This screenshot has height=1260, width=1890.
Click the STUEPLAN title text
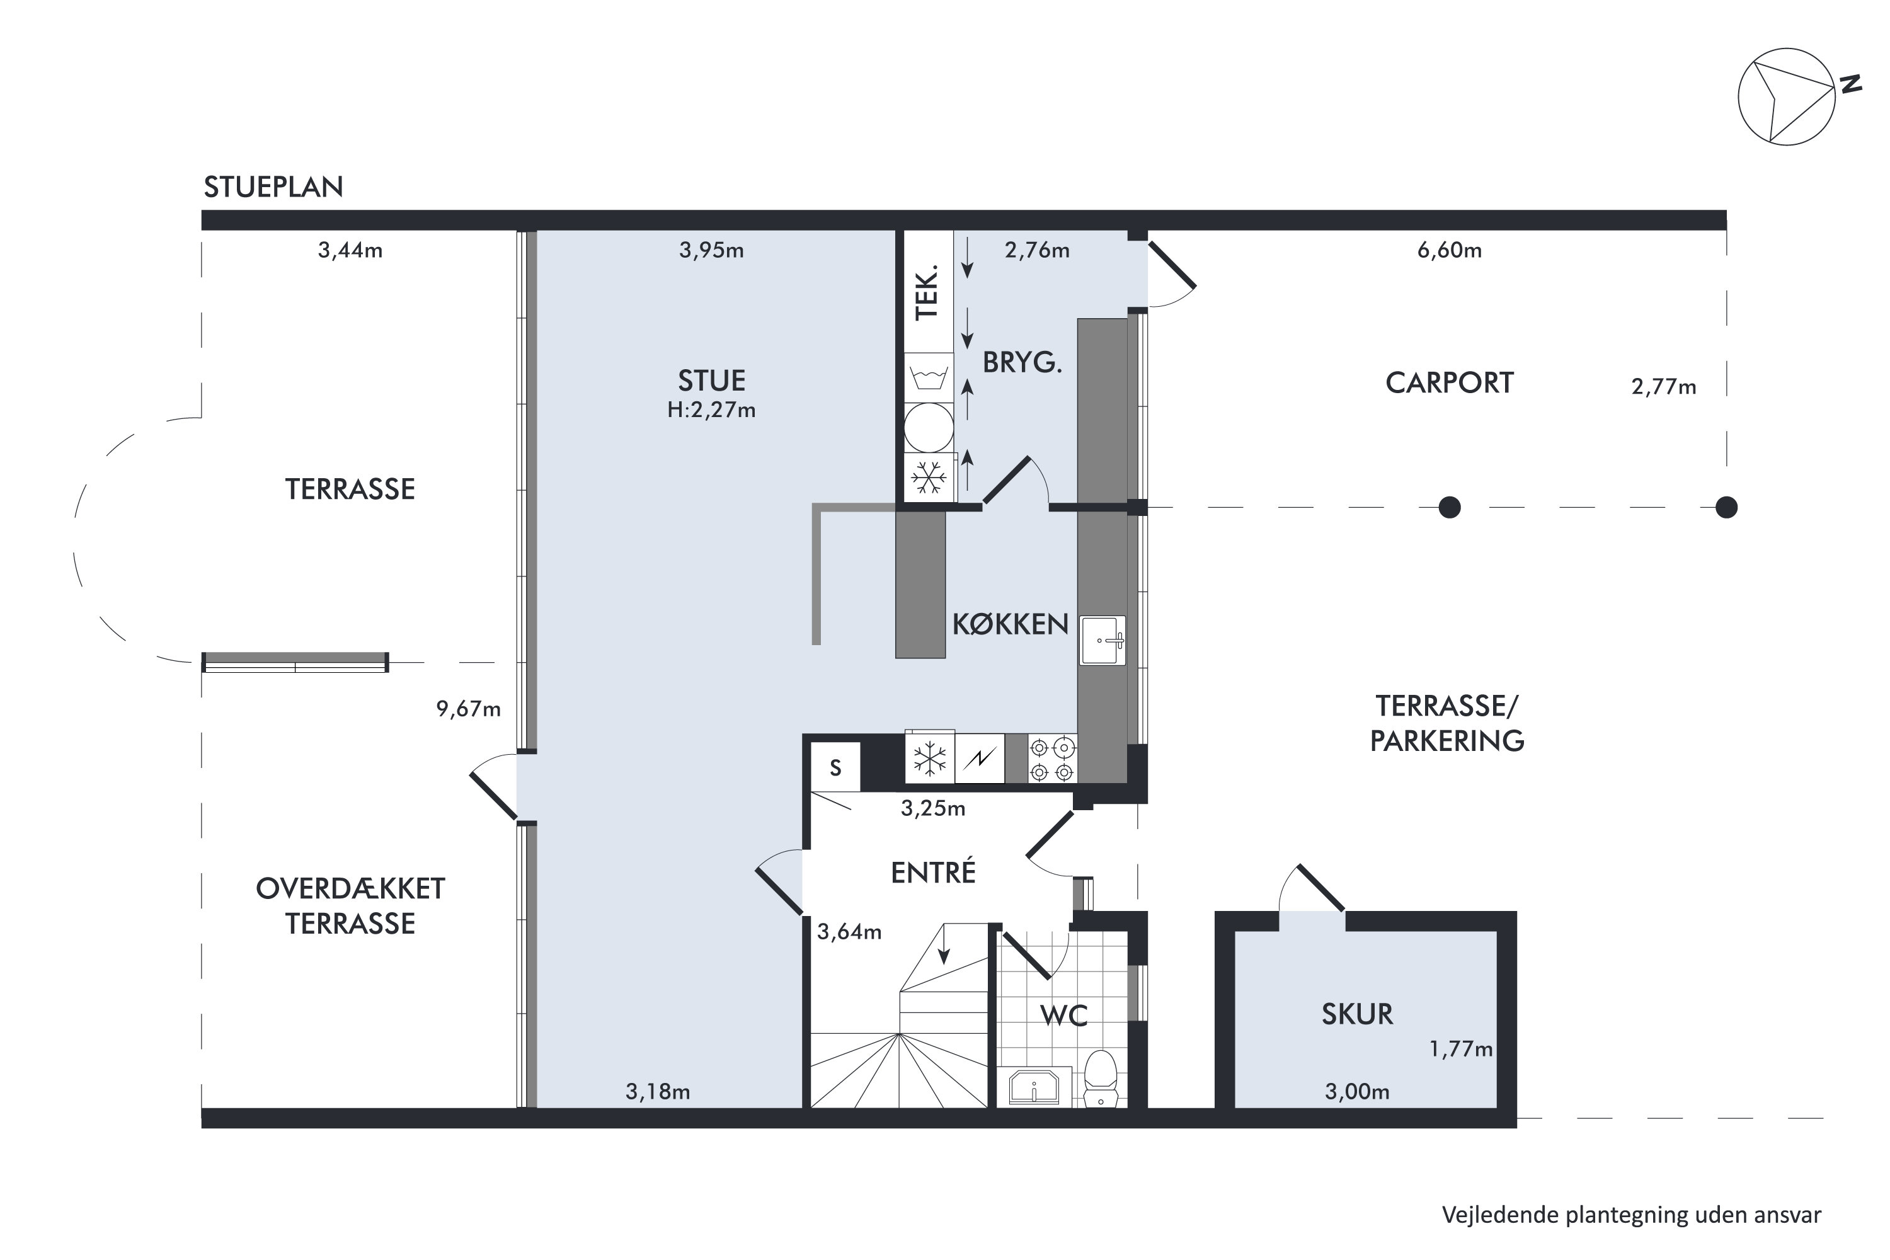(273, 187)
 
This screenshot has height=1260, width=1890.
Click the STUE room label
(711, 380)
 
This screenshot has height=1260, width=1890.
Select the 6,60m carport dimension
(1449, 251)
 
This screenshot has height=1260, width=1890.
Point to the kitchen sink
(1102, 641)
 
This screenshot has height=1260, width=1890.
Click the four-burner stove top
(1052, 759)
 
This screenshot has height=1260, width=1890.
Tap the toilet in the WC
(1101, 1079)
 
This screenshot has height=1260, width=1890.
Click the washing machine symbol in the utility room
(929, 377)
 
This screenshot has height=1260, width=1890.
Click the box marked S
(836, 767)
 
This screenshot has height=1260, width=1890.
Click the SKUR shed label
(1357, 1014)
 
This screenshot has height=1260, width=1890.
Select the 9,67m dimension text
(469, 709)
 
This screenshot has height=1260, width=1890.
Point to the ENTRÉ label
(933, 872)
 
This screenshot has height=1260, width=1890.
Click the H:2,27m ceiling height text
(711, 411)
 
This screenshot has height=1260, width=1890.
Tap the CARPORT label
(1449, 382)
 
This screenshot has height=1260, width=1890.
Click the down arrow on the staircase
(944, 944)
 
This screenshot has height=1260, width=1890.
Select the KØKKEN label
(1010, 624)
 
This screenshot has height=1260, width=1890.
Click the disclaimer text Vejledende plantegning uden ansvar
(1631, 1215)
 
